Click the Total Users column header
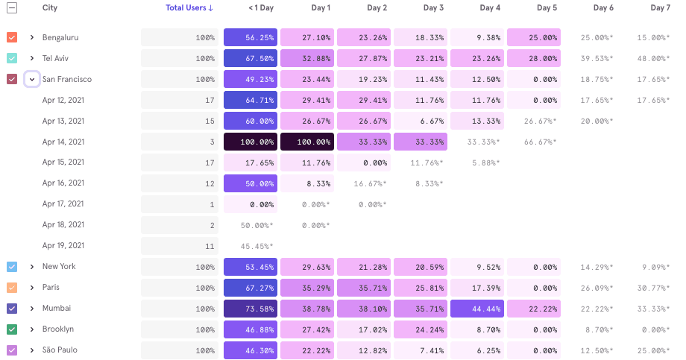click(x=189, y=8)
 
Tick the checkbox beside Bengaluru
click(x=12, y=37)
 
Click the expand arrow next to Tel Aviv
click(x=32, y=58)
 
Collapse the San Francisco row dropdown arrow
click(x=32, y=79)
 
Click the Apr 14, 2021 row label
click(x=63, y=142)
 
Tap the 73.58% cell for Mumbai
click(x=251, y=309)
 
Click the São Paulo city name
click(x=60, y=350)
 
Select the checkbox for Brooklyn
click(x=12, y=329)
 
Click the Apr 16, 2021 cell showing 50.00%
click(x=251, y=183)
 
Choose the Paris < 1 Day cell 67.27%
click(x=251, y=288)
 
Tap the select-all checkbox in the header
click(x=12, y=8)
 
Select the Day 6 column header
click(x=603, y=8)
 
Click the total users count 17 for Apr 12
click(x=210, y=100)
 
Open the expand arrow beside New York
click(x=32, y=267)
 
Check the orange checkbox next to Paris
click(x=12, y=288)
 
